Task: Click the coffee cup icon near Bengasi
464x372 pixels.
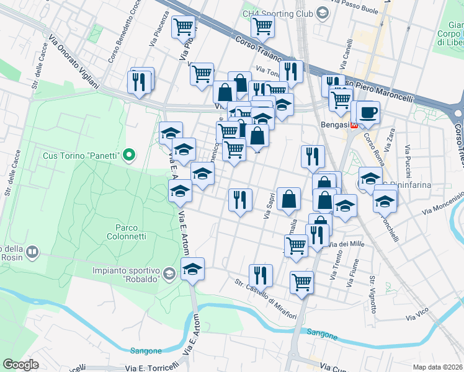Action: click(x=368, y=112)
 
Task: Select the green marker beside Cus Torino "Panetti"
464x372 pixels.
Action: click(x=129, y=154)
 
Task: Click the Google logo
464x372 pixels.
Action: click(x=20, y=365)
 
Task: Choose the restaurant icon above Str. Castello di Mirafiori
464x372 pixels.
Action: click(x=261, y=275)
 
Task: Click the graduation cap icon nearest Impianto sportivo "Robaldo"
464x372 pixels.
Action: click(x=192, y=269)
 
